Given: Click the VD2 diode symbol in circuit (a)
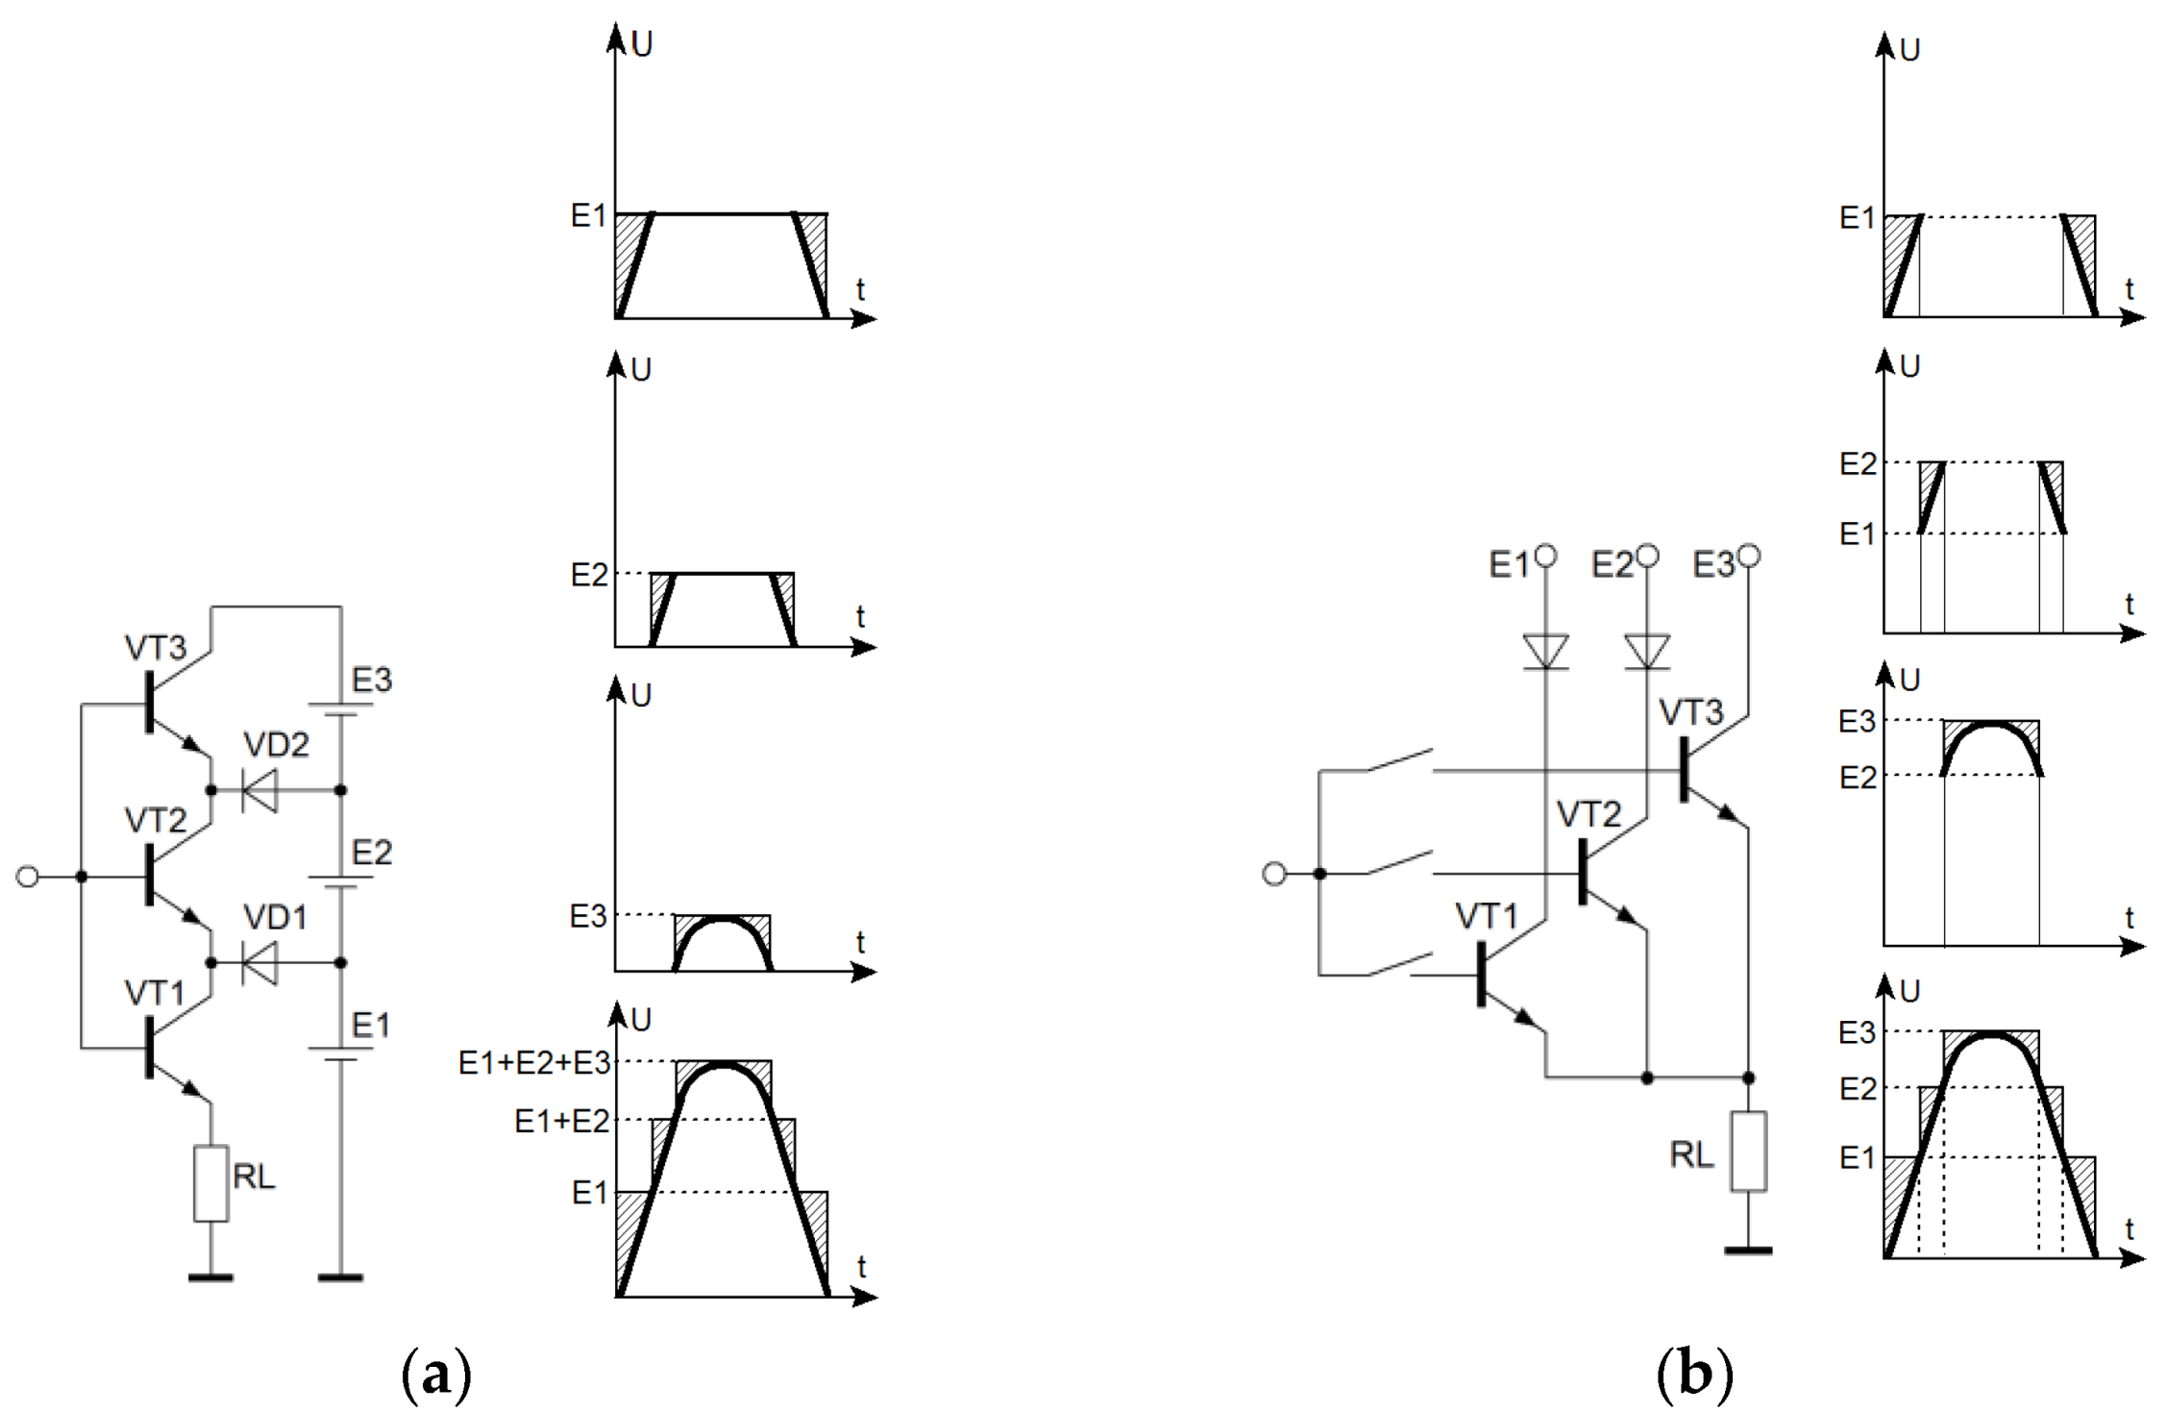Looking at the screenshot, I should click(x=259, y=790).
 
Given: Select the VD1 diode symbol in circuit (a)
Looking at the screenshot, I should click(x=259, y=962).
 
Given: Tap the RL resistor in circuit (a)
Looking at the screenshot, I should click(x=210, y=1183).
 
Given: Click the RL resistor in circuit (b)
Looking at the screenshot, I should click(x=1748, y=1151).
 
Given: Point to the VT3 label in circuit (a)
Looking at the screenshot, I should click(x=155, y=648).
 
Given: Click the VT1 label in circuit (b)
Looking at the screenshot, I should click(x=1486, y=916).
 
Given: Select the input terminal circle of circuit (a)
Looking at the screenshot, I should click(x=28, y=877).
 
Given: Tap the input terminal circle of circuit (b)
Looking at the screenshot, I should click(x=1273, y=874).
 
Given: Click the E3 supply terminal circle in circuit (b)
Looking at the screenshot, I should click(x=1749, y=556).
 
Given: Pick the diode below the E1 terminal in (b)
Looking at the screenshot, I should click(x=1545, y=652).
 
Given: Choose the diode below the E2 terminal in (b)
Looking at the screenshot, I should click(x=1647, y=652).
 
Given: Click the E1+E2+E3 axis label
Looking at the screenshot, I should click(x=534, y=1062).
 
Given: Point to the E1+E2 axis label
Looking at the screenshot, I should click(x=562, y=1121).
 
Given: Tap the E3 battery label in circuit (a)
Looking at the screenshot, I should click(x=372, y=681).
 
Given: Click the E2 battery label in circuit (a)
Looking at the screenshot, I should click(x=372, y=853).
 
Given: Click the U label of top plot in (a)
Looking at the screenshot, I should click(x=642, y=44).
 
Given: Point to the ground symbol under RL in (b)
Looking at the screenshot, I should click(x=1748, y=1251).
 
